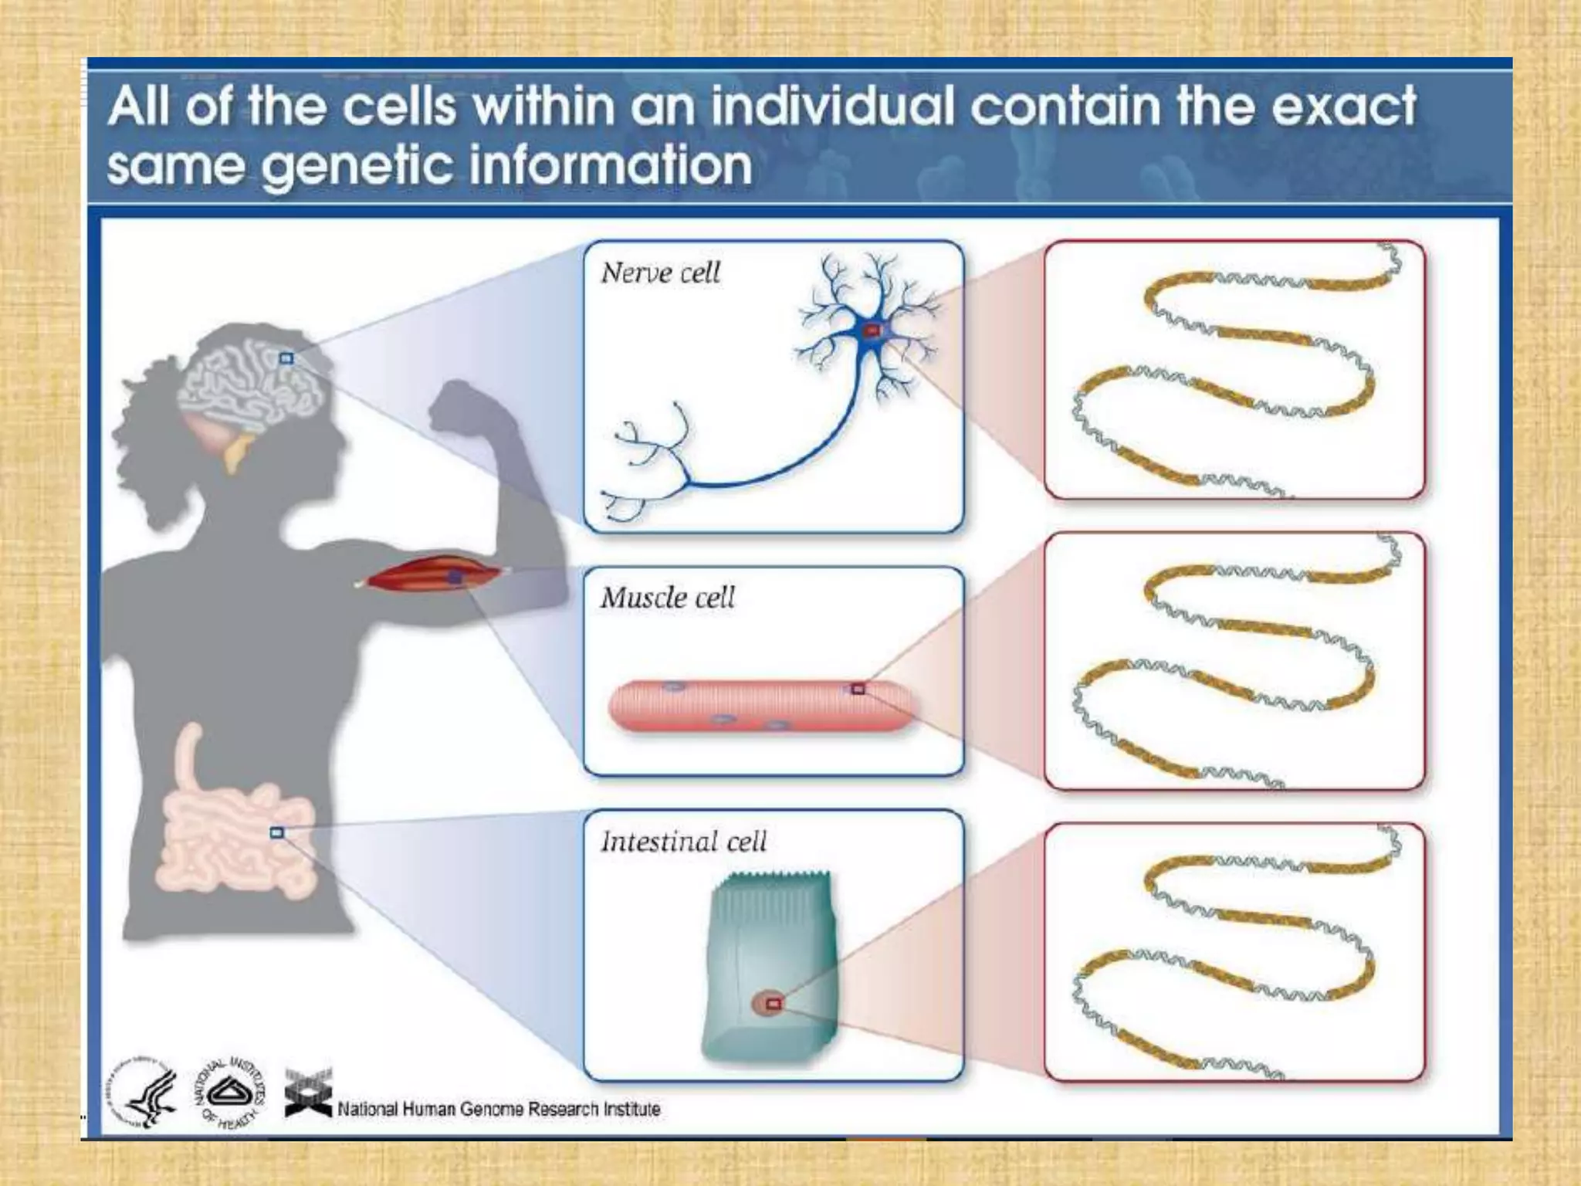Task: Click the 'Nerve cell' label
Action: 660,273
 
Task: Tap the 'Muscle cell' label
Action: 668,598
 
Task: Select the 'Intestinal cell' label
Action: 683,841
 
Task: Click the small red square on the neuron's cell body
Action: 872,330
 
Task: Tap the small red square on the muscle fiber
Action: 858,688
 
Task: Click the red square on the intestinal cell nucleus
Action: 774,1004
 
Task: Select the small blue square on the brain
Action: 286,358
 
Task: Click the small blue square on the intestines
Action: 277,832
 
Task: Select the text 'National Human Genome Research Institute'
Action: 499,1110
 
